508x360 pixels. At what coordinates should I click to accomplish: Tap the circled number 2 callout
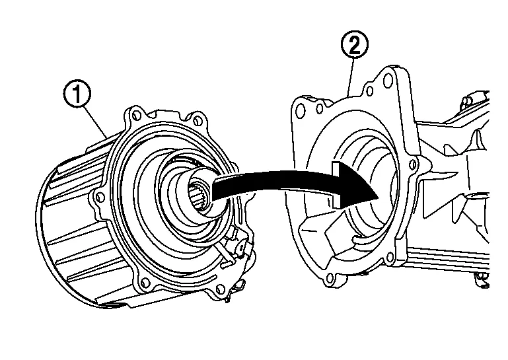click(x=354, y=46)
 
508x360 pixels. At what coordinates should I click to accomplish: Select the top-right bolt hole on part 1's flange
click(x=198, y=120)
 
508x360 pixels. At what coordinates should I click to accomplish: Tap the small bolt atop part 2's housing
click(x=470, y=99)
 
